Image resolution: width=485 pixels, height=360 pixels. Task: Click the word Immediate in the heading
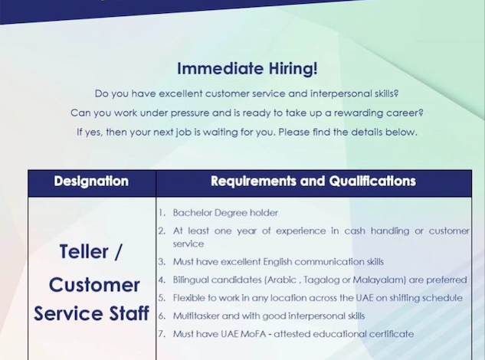221,68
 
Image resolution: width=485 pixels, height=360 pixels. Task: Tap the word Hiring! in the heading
293,69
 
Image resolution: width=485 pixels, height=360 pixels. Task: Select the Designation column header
91,182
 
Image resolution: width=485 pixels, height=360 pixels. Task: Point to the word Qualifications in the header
372,182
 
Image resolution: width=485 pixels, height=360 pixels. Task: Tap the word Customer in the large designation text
94,285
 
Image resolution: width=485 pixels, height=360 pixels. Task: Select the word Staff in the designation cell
129,313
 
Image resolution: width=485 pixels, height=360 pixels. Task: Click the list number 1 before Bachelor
162,213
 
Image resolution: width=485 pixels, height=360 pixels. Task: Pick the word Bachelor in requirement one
192,213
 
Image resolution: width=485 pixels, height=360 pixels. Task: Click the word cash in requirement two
355,231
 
